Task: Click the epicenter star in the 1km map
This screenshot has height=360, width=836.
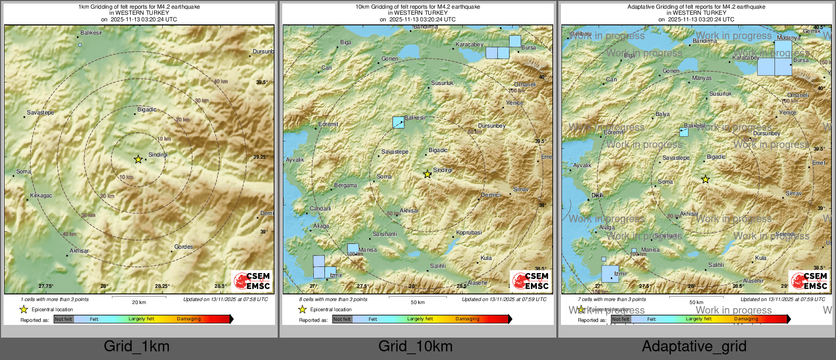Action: click(138, 159)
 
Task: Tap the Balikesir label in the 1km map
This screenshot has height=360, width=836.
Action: click(91, 33)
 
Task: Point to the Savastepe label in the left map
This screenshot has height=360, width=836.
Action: click(40, 112)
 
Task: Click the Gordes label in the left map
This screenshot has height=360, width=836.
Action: click(184, 247)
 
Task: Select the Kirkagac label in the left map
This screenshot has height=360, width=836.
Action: click(41, 195)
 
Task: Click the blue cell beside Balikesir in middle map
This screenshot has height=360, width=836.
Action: click(398, 122)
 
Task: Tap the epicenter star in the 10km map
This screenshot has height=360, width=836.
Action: click(428, 174)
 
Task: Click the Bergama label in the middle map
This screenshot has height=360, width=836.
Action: click(345, 185)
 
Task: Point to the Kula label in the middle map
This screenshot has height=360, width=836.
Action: click(486, 258)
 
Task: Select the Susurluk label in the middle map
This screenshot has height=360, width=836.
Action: click(442, 83)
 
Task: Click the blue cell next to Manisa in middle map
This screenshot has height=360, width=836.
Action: click(352, 249)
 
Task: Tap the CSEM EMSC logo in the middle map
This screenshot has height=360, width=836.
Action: click(530, 280)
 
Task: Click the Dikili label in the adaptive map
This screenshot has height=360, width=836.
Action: click(597, 195)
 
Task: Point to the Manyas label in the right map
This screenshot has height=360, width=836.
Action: click(702, 78)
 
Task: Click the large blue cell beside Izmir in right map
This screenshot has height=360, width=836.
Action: click(610, 274)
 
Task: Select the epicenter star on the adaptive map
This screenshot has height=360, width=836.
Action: click(705, 179)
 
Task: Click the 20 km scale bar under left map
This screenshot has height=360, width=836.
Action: click(138, 296)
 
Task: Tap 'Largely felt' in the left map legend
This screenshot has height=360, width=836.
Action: click(141, 319)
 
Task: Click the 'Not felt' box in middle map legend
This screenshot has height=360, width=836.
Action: click(342, 319)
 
